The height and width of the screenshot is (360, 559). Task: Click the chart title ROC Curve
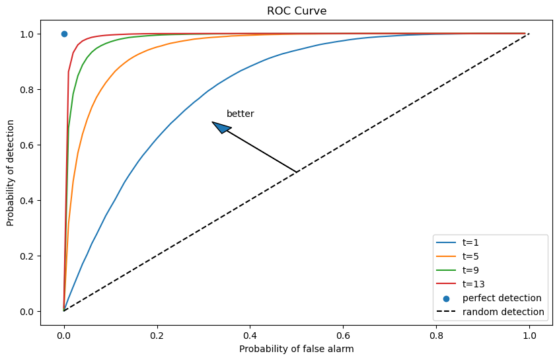click(297, 11)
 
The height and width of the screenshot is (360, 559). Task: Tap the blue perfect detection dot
click(64, 34)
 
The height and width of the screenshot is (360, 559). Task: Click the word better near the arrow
click(240, 114)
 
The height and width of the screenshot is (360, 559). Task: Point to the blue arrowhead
click(221, 127)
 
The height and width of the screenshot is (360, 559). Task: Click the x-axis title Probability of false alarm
click(297, 348)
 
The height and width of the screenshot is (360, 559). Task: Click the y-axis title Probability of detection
click(11, 172)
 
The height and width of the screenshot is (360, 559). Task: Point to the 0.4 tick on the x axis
click(250, 336)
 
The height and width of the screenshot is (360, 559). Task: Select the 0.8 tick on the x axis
click(435, 336)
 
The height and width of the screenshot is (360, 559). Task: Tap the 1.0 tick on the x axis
click(529, 336)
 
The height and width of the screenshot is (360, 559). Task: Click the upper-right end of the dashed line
click(529, 34)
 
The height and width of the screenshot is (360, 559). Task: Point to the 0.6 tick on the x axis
click(343, 336)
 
